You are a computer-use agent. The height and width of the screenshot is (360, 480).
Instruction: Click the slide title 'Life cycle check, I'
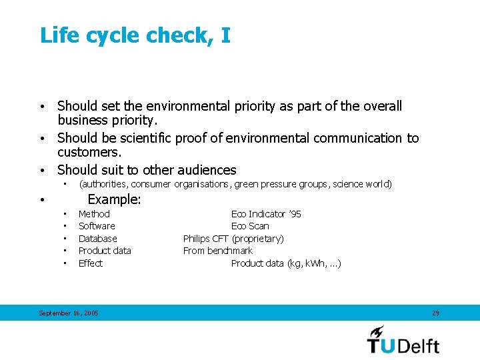(x=135, y=35)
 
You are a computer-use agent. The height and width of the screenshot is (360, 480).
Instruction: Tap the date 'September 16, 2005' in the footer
(x=69, y=313)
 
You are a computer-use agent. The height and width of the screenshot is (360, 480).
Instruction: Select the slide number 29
(x=435, y=313)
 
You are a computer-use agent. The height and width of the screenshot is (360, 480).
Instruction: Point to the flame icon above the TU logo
(x=377, y=331)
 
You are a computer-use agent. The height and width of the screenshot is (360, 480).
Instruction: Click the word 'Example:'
(x=114, y=199)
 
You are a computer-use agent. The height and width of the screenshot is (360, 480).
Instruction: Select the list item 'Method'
(x=94, y=214)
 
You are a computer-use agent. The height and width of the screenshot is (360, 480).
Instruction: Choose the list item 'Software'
(x=97, y=226)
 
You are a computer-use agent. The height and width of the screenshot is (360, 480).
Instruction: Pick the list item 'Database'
(x=97, y=239)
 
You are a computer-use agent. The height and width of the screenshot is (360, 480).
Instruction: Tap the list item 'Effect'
(x=91, y=263)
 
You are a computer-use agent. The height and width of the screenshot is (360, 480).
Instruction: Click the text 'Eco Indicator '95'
(x=266, y=214)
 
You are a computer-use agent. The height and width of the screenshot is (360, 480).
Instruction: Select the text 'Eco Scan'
(x=250, y=226)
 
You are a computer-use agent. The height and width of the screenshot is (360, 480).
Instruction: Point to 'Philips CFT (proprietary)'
(x=233, y=239)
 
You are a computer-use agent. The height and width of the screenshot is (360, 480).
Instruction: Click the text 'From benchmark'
(x=218, y=251)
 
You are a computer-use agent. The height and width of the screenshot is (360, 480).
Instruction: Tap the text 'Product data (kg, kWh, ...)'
(x=286, y=263)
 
